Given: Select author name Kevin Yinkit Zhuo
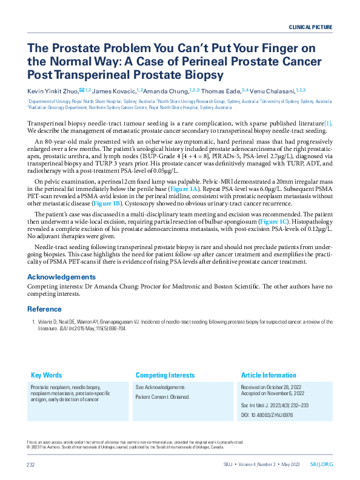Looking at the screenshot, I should [x=51, y=90].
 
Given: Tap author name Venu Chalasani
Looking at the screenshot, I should [x=273, y=90].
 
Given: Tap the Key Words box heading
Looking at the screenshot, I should [x=46, y=375].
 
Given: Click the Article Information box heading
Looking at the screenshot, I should [x=268, y=375].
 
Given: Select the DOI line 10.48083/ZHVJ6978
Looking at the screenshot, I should [x=267, y=415].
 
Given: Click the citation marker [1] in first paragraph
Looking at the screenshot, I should [x=327, y=122].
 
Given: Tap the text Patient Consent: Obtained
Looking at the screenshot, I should [x=162, y=397].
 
